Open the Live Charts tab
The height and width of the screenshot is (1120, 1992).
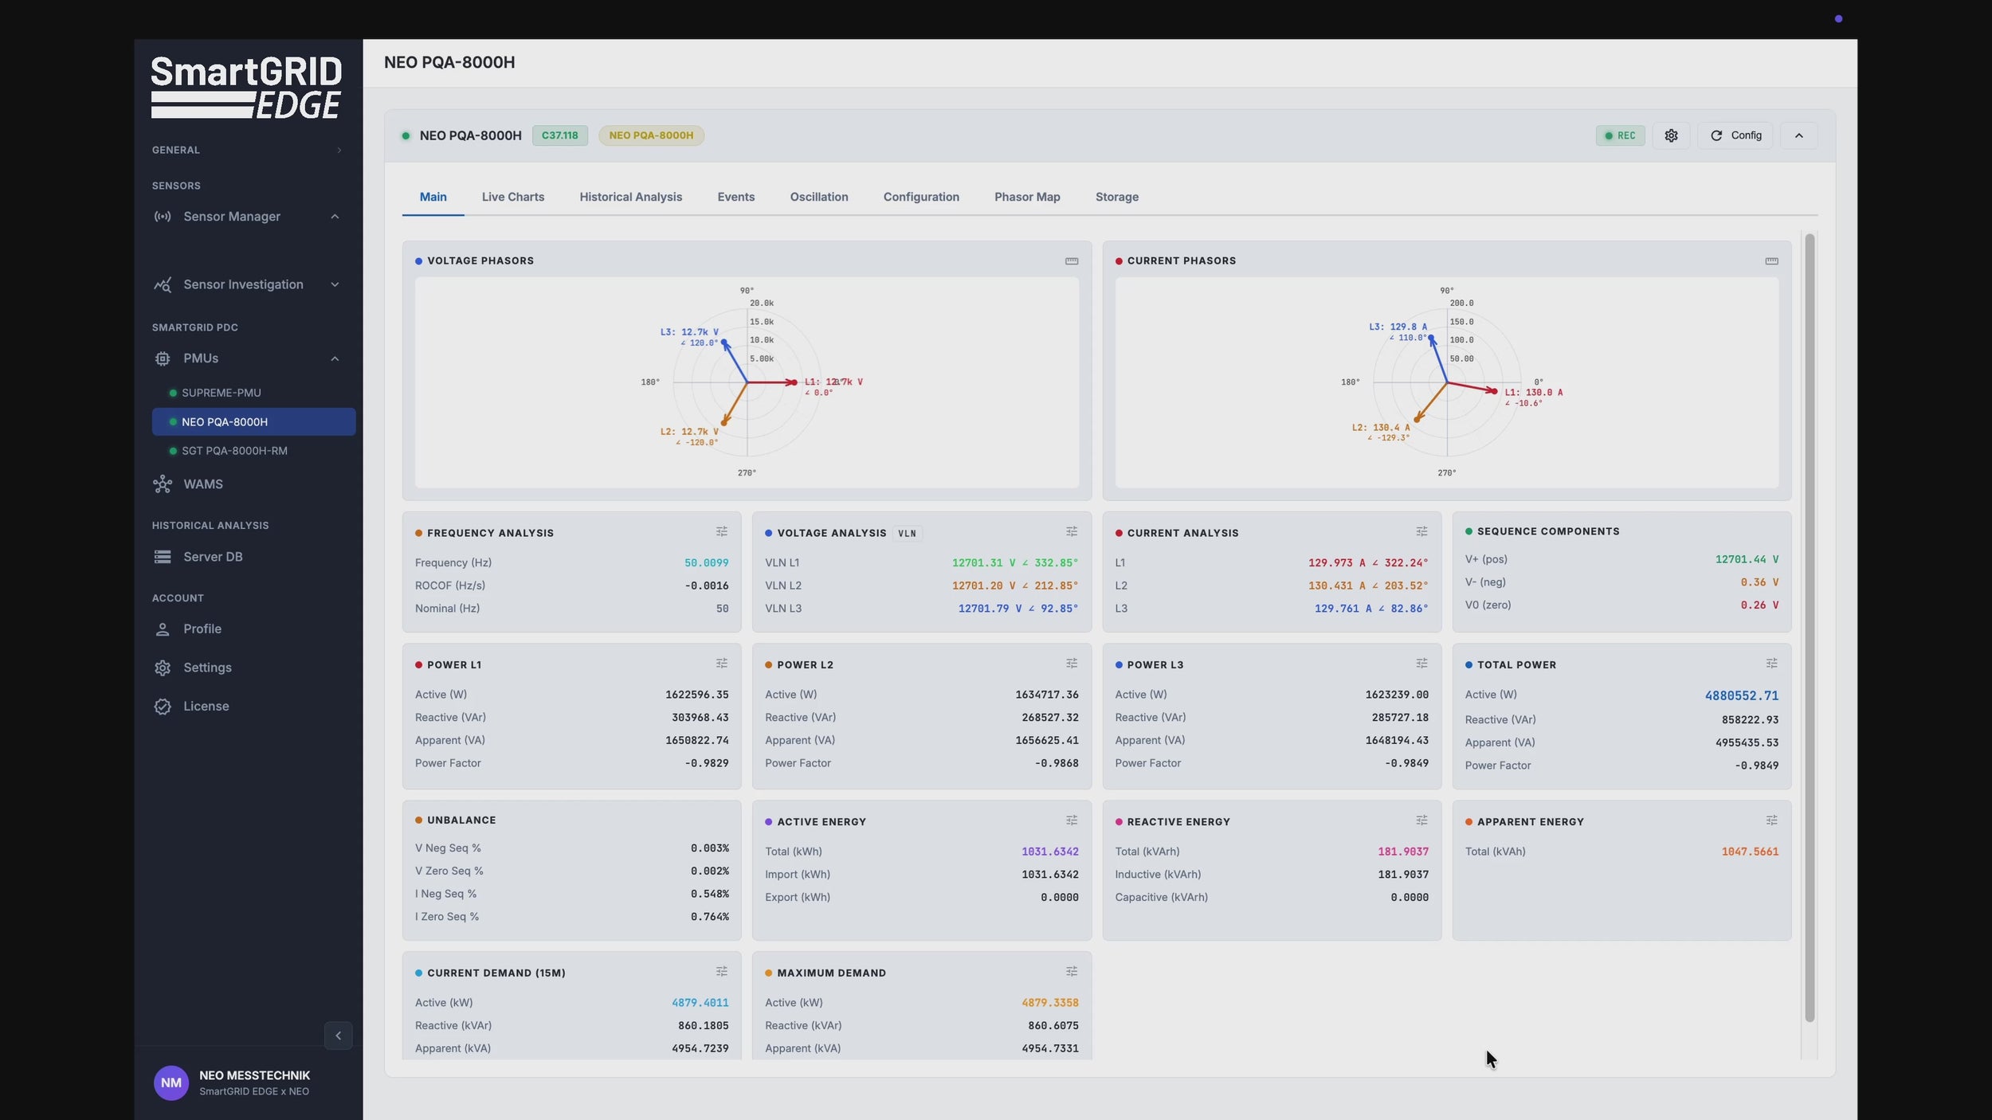(512, 197)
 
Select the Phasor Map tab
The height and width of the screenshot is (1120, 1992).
(1026, 197)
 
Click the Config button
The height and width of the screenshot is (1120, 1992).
(1735, 135)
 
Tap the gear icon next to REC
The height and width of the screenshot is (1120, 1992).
(1671, 135)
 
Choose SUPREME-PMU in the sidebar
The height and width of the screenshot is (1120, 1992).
(221, 393)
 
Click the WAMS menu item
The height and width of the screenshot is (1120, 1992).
(202, 484)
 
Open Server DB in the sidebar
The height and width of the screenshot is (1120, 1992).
(212, 557)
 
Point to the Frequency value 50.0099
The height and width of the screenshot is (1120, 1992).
(706, 563)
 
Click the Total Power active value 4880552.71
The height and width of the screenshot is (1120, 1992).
(1741, 695)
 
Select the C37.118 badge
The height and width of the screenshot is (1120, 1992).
(559, 135)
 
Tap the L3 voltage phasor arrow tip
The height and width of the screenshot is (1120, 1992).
(724, 343)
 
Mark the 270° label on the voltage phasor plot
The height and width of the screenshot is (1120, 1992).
(747, 473)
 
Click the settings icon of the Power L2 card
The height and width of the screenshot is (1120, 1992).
(1071, 664)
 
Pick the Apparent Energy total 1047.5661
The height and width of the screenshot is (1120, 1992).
(1749, 852)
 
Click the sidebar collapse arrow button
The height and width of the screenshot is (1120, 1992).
(338, 1036)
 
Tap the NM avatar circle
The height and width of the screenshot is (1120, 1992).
(171, 1083)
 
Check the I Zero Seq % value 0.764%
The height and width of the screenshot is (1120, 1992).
(709, 917)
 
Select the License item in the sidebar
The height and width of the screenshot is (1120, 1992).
(206, 707)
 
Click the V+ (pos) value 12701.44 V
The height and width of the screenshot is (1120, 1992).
(1746, 560)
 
